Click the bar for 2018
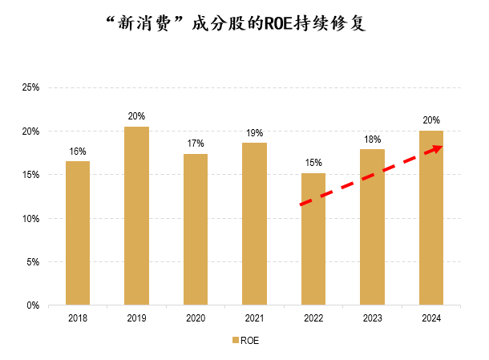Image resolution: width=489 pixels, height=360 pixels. (78, 233)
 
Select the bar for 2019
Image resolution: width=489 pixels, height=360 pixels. (136, 216)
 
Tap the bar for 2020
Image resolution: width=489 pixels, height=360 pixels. (196, 229)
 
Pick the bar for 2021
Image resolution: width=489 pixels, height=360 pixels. (255, 224)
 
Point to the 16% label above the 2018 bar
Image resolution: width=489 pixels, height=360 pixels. (78, 151)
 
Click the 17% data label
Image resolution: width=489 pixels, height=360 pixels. (196, 144)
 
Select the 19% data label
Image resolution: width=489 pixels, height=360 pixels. (255, 132)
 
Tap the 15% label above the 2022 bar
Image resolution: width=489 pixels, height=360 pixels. (313, 163)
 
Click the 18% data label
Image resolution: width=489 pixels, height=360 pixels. (373, 139)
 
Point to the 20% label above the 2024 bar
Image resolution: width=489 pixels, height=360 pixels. (431, 120)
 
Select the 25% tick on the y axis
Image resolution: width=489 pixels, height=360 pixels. (30, 87)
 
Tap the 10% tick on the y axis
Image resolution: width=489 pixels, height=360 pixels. (30, 218)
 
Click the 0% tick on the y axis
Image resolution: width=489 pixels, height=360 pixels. (32, 305)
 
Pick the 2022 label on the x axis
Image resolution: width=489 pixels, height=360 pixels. (313, 318)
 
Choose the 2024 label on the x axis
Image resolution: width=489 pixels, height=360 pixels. (431, 318)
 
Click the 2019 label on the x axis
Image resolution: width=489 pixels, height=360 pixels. (136, 318)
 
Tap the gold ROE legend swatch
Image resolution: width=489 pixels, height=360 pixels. (235, 340)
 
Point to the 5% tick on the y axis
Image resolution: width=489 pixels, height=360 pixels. (32, 261)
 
